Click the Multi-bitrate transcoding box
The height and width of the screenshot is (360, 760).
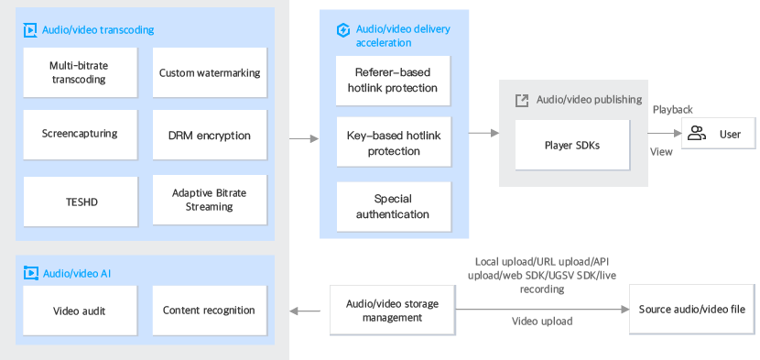(x=79, y=72)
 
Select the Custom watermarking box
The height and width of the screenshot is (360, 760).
(x=210, y=72)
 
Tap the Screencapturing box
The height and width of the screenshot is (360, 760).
(x=79, y=134)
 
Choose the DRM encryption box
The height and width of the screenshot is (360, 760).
(x=210, y=135)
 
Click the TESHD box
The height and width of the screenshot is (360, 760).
(x=79, y=202)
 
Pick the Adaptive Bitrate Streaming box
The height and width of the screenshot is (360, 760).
(x=210, y=201)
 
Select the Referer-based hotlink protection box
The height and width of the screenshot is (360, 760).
(x=394, y=81)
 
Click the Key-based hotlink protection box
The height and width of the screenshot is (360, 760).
(x=394, y=143)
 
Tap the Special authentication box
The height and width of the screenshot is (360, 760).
(x=394, y=207)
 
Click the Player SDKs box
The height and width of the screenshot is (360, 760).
(x=572, y=145)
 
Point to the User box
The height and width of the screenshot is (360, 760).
(x=718, y=135)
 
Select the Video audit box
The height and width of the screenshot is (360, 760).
(x=79, y=311)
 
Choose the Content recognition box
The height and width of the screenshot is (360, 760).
(x=209, y=311)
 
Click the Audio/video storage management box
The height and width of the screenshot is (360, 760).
(x=392, y=311)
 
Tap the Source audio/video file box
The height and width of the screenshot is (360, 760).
(x=692, y=310)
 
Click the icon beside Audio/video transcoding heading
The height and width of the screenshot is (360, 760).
(x=30, y=30)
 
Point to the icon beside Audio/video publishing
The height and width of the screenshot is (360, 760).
(x=522, y=100)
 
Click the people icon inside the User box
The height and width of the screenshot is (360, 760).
(x=697, y=135)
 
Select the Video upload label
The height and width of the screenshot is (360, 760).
(x=541, y=322)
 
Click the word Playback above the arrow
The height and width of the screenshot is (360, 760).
(x=672, y=110)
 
